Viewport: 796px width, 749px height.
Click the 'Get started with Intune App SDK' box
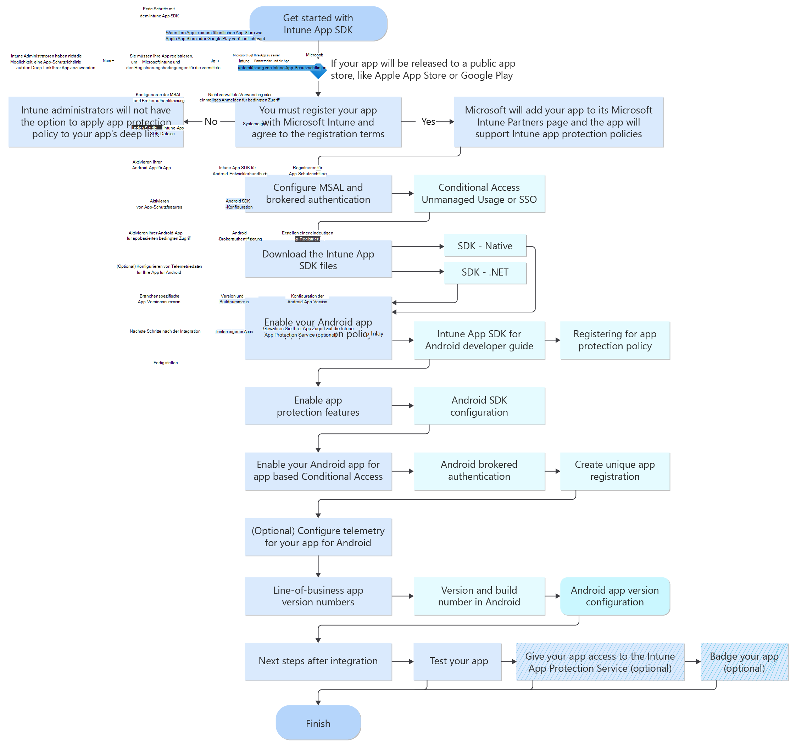(x=318, y=24)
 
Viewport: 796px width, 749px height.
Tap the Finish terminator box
(x=318, y=723)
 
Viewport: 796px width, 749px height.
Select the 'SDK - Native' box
(x=485, y=245)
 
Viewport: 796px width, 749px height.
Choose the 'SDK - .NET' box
(x=485, y=272)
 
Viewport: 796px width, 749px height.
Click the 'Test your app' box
(x=458, y=661)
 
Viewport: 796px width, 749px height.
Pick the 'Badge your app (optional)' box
(x=744, y=662)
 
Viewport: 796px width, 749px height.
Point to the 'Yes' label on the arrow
(x=428, y=121)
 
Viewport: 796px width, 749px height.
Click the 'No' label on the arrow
(x=211, y=121)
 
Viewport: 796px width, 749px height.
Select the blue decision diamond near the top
(x=318, y=71)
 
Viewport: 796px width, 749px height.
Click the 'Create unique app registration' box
(x=614, y=471)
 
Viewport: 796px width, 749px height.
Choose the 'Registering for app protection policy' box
(x=614, y=340)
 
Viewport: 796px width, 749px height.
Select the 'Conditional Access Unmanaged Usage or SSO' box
(x=479, y=194)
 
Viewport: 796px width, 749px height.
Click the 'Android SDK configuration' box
(x=479, y=406)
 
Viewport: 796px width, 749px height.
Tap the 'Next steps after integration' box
(x=318, y=661)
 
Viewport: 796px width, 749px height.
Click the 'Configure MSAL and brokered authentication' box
(x=318, y=194)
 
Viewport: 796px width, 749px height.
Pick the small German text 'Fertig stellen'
(x=165, y=363)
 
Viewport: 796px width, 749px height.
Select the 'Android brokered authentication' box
(x=479, y=471)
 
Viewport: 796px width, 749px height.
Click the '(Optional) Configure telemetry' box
(x=318, y=537)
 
